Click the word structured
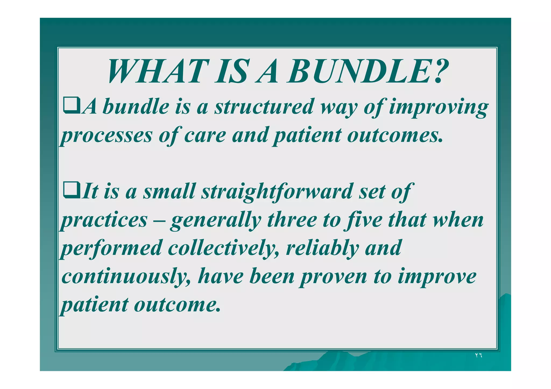tap(264, 107)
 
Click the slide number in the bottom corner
tap(478, 355)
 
